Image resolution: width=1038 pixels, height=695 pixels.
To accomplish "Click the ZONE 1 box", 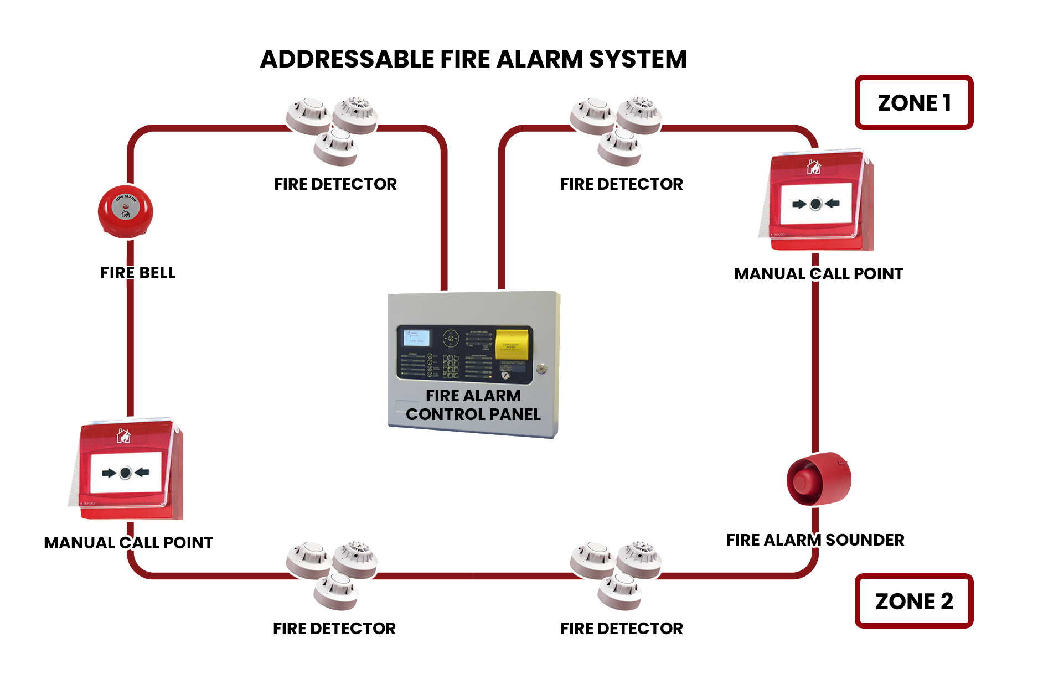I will (x=913, y=103).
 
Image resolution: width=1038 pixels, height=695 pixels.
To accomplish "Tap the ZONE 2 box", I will (x=913, y=601).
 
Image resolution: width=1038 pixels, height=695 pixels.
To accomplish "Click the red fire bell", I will (x=125, y=212).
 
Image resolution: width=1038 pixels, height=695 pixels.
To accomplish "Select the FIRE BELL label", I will (x=138, y=273).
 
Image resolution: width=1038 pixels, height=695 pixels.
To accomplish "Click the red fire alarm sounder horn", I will (x=818, y=479).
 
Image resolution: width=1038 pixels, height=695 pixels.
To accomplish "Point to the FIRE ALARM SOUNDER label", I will (x=815, y=540).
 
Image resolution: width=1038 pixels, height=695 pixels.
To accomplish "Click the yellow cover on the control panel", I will (x=512, y=344).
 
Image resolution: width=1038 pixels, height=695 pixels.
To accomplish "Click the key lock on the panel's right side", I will (x=541, y=369).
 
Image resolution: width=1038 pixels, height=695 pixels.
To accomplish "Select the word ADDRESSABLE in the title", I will (x=347, y=59).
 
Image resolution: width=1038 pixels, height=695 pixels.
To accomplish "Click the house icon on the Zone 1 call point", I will (x=813, y=167).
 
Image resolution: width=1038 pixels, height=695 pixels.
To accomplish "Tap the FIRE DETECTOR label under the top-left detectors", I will (x=335, y=184).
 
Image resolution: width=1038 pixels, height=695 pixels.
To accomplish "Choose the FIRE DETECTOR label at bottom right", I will (x=621, y=629).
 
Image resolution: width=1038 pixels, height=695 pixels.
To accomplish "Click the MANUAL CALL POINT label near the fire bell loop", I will (x=128, y=543).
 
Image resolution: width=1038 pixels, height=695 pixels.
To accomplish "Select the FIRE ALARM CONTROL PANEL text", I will (x=473, y=405).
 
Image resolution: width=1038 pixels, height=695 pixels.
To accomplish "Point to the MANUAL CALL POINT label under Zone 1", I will (x=818, y=274).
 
